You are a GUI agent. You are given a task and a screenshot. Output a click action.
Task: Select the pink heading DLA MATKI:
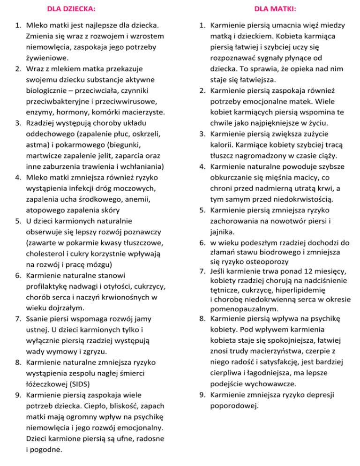point(271,8)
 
